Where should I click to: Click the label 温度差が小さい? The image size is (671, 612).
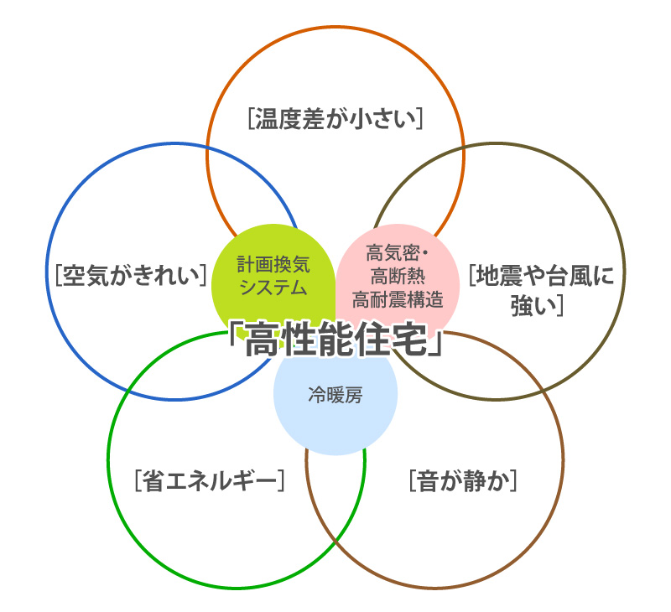(335, 119)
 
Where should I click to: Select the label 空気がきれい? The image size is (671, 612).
(130, 275)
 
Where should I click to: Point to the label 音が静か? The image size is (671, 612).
(461, 481)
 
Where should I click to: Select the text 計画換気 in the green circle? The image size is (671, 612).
(273, 266)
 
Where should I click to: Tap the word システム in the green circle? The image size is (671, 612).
(273, 288)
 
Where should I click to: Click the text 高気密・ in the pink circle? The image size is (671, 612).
(398, 252)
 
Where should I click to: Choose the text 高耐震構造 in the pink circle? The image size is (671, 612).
(398, 297)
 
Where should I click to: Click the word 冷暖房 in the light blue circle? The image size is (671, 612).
(335, 395)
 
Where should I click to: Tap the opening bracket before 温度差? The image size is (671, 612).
(251, 119)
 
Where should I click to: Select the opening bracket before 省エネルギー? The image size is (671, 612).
(136, 481)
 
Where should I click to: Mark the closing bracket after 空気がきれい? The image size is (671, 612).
(204, 275)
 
